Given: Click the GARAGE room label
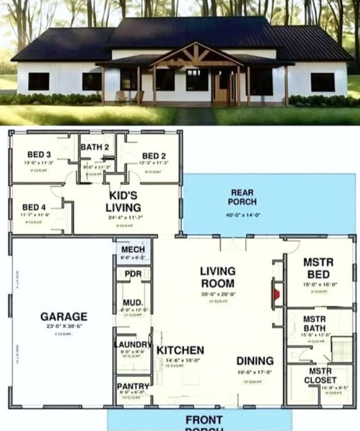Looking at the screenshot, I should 64,316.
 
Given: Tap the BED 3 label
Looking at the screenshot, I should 39,154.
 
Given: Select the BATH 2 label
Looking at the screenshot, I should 95,147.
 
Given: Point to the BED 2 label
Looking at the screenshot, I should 154,156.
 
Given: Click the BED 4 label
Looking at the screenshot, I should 34,207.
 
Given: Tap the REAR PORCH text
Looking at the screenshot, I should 242,197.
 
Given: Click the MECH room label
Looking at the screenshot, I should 133,249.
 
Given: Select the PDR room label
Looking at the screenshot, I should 133,274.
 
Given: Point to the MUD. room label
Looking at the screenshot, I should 133,303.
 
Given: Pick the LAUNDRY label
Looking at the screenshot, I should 133,345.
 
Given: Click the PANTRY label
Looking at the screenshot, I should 133,386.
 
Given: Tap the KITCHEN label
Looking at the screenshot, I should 180,350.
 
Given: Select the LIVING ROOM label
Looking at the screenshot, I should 218,277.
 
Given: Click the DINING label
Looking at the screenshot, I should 255,361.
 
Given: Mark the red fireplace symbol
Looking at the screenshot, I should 277,294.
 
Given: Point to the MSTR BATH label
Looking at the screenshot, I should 314,324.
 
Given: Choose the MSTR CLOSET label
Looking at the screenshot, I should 320,375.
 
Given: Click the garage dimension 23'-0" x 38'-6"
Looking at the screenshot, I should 64,326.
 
